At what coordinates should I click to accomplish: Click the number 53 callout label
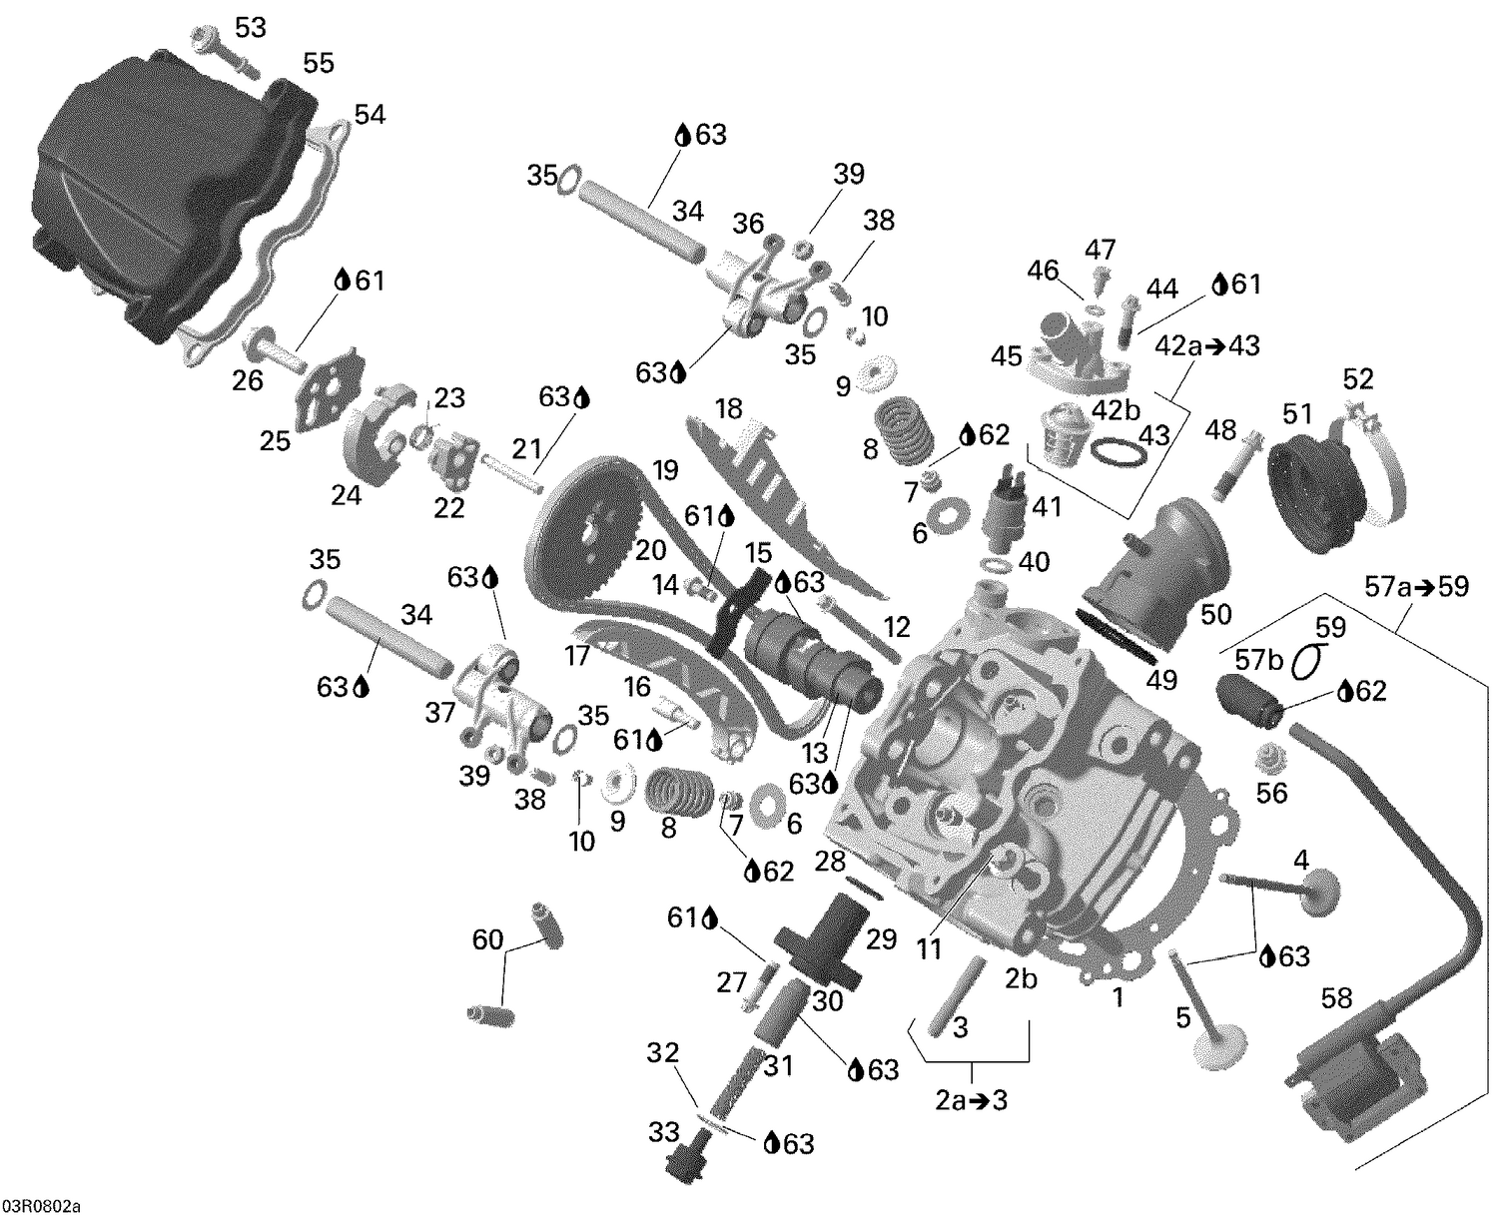pos(250,28)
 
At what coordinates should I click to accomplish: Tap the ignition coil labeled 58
pos(1353,1078)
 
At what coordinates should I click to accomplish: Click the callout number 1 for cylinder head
pos(1119,996)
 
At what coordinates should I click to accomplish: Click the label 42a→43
pos(1207,346)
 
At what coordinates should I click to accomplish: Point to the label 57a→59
pos(1416,586)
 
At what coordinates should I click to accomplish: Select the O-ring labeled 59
pos(1310,659)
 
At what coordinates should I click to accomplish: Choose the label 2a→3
pos(971,1100)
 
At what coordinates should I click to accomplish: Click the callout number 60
pos(487,938)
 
